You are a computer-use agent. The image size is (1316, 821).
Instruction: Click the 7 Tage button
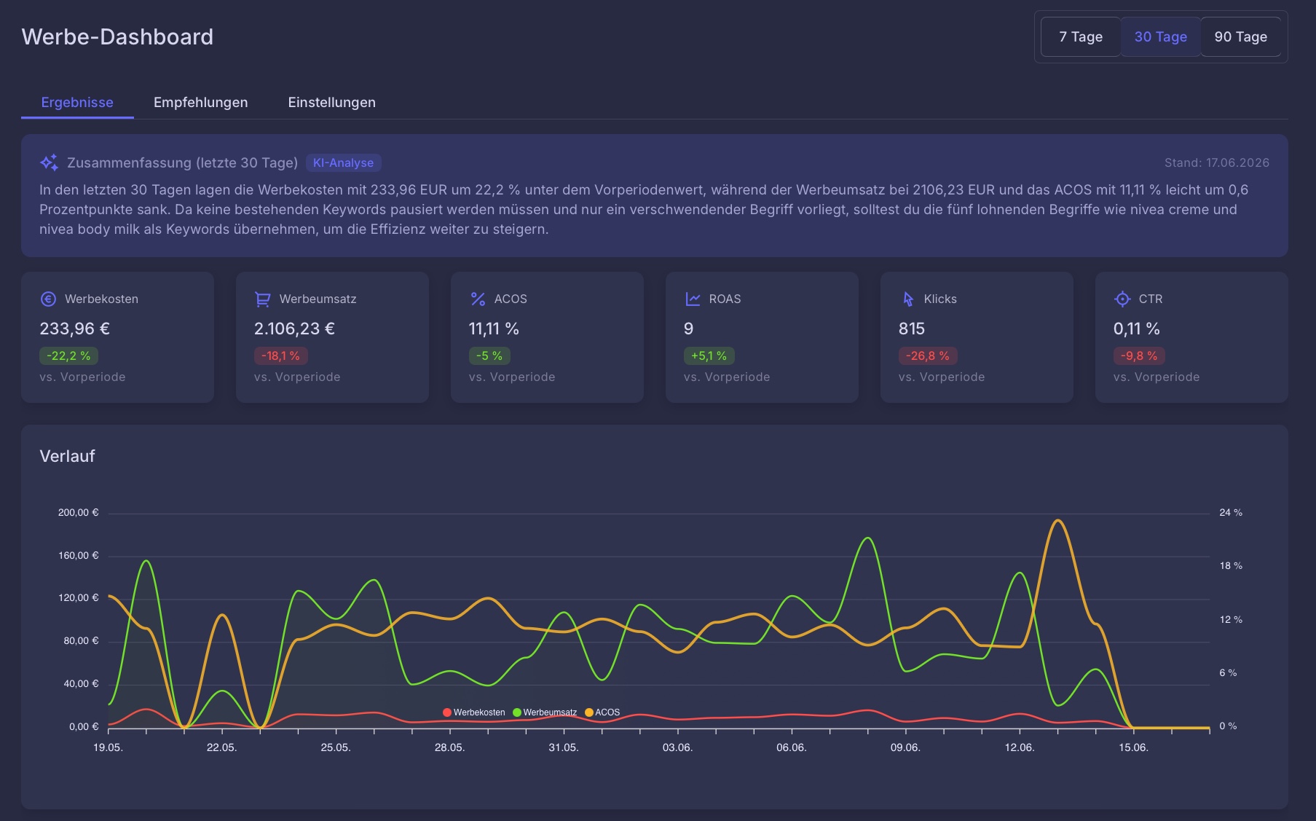coord(1081,36)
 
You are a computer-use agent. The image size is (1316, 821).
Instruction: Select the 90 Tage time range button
coord(1241,36)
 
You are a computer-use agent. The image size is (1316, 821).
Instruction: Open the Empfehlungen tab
coord(200,102)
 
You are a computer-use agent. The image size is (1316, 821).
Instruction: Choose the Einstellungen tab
coord(331,102)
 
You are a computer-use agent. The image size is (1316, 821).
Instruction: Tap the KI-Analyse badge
coord(343,162)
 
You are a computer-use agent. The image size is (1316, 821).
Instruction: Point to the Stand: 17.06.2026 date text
coord(1216,162)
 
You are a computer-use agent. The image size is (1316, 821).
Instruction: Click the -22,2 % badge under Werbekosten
coord(68,355)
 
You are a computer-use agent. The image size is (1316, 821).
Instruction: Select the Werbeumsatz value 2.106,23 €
coord(294,329)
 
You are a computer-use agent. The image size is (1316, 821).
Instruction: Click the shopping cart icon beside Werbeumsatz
coord(262,299)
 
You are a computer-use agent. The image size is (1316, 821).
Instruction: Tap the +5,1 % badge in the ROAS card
coord(709,355)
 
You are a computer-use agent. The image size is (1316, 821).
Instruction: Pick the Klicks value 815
coord(911,329)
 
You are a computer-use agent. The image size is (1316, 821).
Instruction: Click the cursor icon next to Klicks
coord(907,299)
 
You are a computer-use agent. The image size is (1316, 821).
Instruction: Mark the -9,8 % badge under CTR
coord(1139,355)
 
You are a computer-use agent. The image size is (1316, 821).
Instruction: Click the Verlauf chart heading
coord(67,456)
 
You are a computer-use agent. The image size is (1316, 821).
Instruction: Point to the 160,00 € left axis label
coord(78,555)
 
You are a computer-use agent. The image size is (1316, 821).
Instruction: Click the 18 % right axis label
coord(1231,565)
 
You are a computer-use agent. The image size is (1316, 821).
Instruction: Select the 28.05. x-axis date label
coord(449,747)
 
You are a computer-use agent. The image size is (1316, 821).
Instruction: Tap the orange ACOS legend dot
coord(589,712)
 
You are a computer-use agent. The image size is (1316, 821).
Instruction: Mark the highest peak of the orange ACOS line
coord(1057,520)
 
